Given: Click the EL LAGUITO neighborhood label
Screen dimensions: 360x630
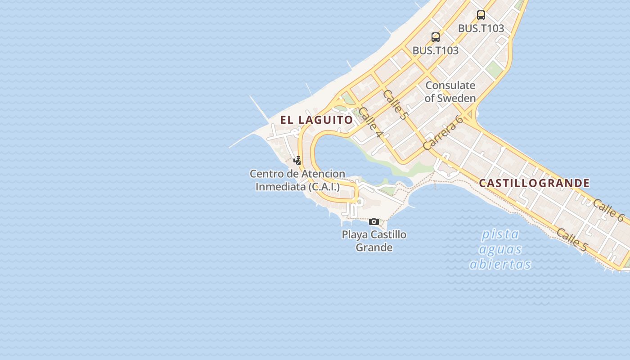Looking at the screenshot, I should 316,120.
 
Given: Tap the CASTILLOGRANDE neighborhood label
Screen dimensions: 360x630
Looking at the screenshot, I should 534,183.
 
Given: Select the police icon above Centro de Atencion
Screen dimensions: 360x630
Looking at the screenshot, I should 297,160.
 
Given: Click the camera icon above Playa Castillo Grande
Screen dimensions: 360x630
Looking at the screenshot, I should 373,221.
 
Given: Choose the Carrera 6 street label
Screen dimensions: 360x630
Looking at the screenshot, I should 443,133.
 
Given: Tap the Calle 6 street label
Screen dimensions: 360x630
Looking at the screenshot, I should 608,210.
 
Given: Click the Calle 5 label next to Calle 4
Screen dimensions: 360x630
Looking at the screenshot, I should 395,104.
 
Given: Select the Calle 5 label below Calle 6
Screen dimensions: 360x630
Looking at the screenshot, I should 572,240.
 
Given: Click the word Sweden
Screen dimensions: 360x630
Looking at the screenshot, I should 456,98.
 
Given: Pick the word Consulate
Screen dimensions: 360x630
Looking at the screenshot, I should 450,85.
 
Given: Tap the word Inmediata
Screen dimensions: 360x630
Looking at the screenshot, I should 281,186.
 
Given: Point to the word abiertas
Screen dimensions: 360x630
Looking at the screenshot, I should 500,264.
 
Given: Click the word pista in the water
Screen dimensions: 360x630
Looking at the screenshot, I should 500,234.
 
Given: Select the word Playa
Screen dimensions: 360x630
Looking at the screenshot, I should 355,234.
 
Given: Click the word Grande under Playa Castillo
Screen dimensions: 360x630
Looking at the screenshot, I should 374,247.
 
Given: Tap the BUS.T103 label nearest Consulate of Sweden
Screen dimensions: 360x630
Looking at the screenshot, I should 435,50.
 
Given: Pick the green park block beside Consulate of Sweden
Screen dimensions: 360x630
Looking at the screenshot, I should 494,69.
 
